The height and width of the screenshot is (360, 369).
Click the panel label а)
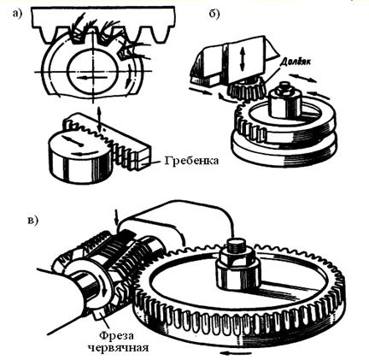click(x=17, y=14)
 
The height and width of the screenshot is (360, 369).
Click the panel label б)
click(x=214, y=14)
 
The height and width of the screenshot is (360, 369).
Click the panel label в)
click(x=32, y=220)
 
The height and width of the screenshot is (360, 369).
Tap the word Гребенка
click(x=191, y=161)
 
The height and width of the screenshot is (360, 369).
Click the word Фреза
click(x=116, y=335)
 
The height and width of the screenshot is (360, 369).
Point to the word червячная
click(x=118, y=348)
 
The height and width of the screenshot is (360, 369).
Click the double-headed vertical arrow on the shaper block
click(x=242, y=59)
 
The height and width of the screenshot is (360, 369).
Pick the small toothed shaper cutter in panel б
click(x=248, y=89)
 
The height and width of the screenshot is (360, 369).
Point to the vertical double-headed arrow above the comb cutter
click(x=99, y=120)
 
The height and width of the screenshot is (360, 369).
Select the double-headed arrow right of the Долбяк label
click(x=302, y=78)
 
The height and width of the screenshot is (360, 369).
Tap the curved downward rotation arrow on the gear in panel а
click(x=130, y=76)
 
